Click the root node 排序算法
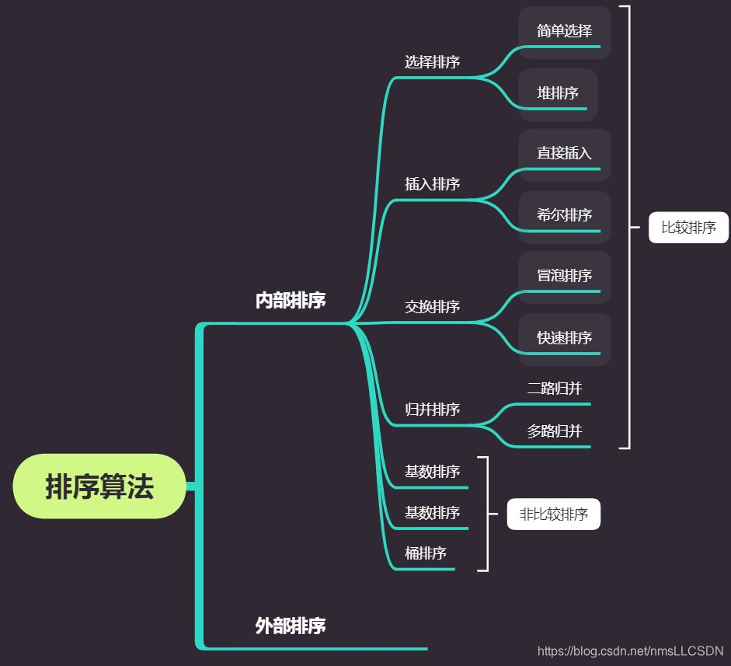pyautogui.click(x=99, y=486)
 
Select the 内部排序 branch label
pyautogui.click(x=290, y=302)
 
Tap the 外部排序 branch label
pyautogui.click(x=290, y=626)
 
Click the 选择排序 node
pyautogui.click(x=432, y=62)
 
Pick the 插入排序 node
pyautogui.click(x=432, y=184)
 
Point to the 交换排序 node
pyautogui.click(x=432, y=307)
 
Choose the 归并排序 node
pyautogui.click(x=432, y=410)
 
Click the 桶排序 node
pyautogui.click(x=425, y=553)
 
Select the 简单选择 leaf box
pyautogui.click(x=565, y=32)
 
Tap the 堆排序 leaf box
pyautogui.click(x=558, y=94)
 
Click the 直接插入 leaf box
pyautogui.click(x=565, y=154)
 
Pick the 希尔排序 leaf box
pyautogui.click(x=565, y=216)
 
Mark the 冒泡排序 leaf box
pyautogui.click(x=565, y=277)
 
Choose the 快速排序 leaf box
pyautogui.click(x=565, y=339)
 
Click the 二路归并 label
pyautogui.click(x=554, y=389)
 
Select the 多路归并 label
pyautogui.click(x=554, y=431)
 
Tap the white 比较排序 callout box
pyautogui.click(x=688, y=228)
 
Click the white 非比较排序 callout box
pyautogui.click(x=553, y=514)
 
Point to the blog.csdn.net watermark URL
pyautogui.click(x=630, y=650)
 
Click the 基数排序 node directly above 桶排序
pyautogui.click(x=432, y=513)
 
